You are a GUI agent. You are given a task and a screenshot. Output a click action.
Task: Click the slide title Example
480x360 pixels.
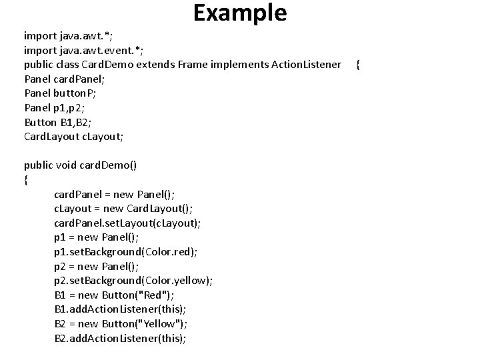click(240, 13)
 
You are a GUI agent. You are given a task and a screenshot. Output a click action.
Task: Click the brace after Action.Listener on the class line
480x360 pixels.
click(359, 64)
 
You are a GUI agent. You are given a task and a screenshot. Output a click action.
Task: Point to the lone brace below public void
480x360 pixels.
click(26, 179)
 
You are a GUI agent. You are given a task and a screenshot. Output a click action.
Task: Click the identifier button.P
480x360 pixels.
click(75, 93)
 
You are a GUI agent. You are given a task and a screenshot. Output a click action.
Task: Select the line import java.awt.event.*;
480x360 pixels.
click(84, 49)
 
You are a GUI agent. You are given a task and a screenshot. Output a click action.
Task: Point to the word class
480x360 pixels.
click(67, 64)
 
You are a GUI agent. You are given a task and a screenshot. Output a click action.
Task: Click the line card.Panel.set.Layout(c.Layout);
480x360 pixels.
click(127, 223)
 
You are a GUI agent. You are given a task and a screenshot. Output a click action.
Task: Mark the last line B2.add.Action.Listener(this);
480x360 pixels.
click(120, 339)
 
